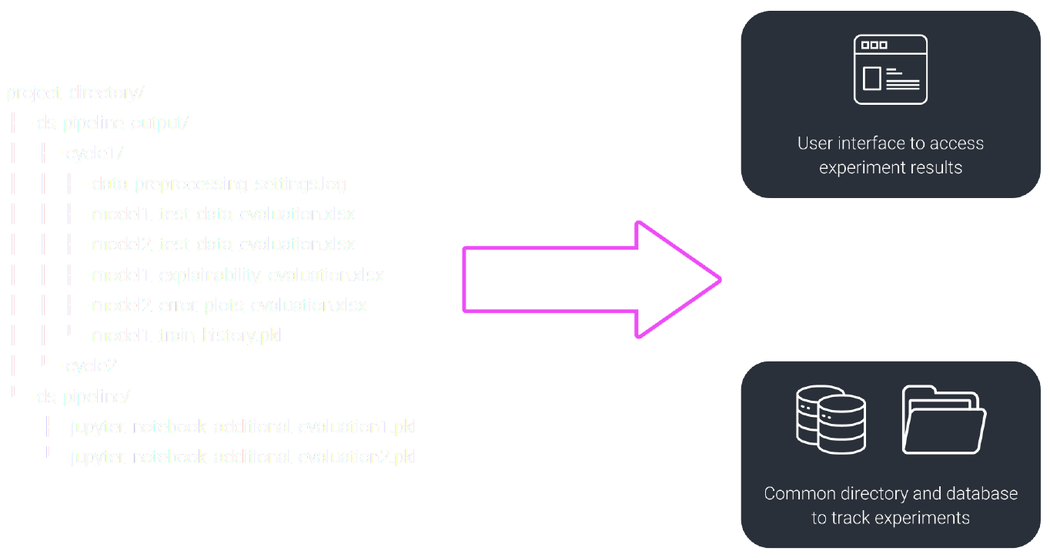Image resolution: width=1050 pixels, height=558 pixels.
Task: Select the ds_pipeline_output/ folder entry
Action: coord(112,123)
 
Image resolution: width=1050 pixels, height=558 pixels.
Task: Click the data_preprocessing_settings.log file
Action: coord(219,184)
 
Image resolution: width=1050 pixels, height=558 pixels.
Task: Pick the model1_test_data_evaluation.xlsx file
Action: coord(223,214)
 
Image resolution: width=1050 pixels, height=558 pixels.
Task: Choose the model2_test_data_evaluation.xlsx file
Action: coord(223,244)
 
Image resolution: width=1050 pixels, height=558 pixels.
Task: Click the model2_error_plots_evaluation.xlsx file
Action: coord(229,305)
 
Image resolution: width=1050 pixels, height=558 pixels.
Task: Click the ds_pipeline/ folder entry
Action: coord(84,397)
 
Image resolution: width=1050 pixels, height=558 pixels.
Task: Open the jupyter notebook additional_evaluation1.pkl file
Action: coord(242,427)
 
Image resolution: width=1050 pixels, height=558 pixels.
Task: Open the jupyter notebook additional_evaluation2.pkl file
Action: coord(242,457)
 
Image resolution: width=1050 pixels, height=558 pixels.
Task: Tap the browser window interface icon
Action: coord(891,69)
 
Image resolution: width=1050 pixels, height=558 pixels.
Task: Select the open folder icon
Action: coord(944,420)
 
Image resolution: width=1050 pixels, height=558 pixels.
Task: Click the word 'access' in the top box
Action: coord(956,144)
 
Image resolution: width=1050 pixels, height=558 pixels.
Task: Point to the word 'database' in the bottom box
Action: coord(981,494)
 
